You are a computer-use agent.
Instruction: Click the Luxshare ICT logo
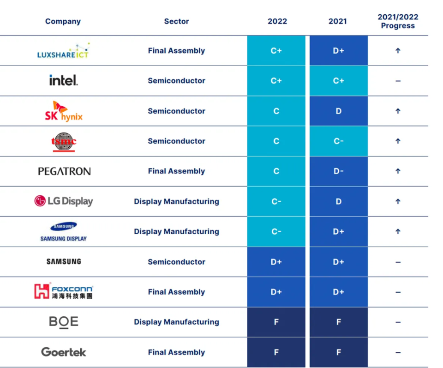pos(63,51)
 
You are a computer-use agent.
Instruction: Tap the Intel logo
pos(63,80)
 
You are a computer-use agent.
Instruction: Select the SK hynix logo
pos(63,111)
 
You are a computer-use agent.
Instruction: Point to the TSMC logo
pos(63,141)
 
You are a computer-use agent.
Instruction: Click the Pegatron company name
pos(64,171)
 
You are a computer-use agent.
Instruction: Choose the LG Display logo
pos(63,201)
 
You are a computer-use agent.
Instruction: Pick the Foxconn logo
pos(63,291)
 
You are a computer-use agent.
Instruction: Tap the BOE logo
pos(64,322)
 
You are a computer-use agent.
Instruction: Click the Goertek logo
pos(64,352)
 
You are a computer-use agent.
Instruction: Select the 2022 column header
pos(277,21)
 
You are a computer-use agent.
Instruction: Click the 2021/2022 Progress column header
pos(398,21)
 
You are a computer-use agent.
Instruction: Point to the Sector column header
pos(176,21)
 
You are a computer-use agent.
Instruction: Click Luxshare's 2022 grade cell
pos(276,51)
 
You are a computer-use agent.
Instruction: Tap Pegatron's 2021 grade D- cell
pos(338,171)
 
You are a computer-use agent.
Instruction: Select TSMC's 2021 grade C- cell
pos(338,141)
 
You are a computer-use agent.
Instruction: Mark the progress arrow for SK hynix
pos(398,111)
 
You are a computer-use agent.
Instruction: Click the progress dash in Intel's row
pos(398,81)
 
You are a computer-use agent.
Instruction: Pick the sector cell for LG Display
pos(176,201)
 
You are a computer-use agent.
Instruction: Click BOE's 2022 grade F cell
pos(276,322)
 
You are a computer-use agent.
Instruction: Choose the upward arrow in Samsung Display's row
pos(398,231)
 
